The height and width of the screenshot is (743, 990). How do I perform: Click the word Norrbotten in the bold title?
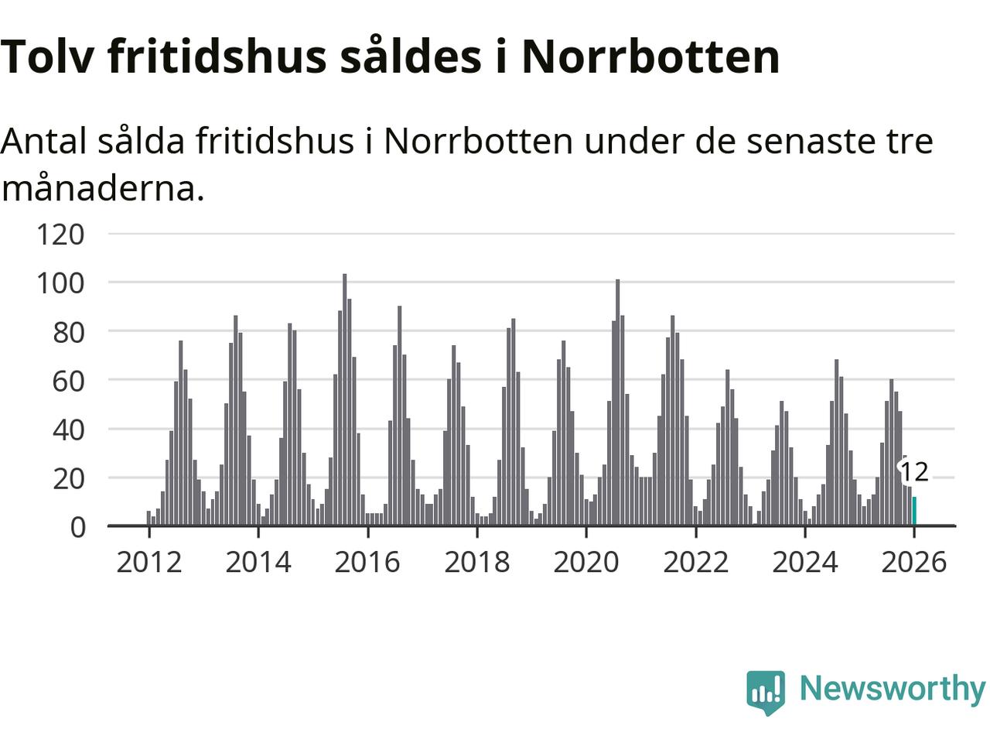coord(650,56)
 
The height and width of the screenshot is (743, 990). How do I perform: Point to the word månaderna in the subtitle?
coord(103,188)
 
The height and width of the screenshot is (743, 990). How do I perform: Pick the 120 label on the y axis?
coord(60,234)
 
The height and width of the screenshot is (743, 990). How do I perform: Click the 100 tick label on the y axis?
coord(60,282)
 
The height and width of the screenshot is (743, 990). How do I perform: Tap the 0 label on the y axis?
coord(77,527)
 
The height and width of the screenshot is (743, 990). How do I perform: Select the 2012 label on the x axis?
coord(148,562)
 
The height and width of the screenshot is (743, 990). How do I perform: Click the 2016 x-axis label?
coord(367,562)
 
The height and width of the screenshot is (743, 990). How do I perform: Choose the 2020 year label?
coord(586,562)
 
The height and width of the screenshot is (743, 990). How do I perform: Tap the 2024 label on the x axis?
coord(805,562)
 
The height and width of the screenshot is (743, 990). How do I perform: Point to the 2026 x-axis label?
coord(914,562)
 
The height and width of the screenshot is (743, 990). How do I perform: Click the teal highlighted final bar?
coord(914,512)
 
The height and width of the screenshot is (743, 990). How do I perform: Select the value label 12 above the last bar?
coord(913,471)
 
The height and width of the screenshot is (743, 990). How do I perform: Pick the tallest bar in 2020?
coord(618,402)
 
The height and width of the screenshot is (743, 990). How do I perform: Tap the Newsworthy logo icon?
coord(766,691)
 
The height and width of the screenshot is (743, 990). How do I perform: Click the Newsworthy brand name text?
coord(892,688)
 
